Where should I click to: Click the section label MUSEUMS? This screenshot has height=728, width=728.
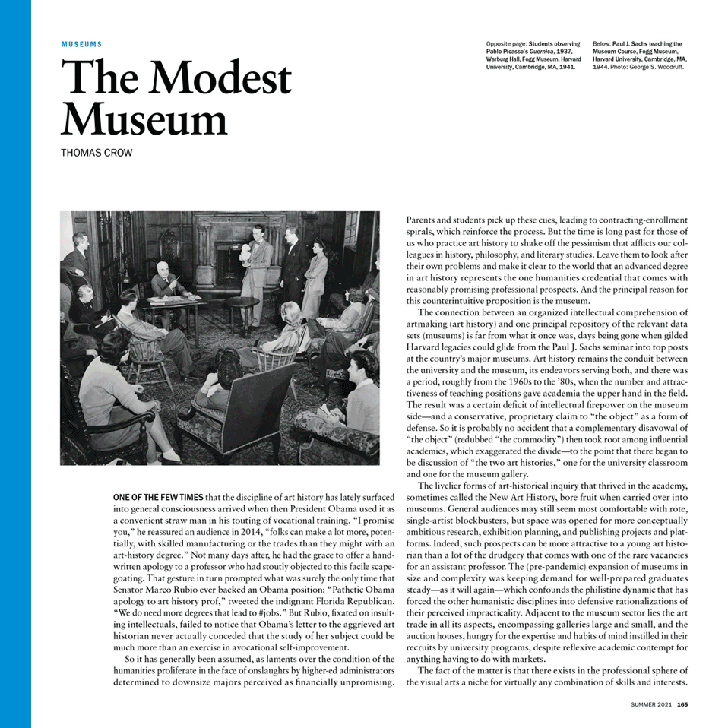pyautogui.click(x=81, y=45)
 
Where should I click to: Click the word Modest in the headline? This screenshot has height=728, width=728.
pyautogui.click(x=225, y=78)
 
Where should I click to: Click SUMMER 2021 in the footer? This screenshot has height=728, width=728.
pyautogui.click(x=651, y=704)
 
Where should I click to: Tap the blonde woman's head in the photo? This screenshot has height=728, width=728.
pyautogui.click(x=290, y=312)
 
